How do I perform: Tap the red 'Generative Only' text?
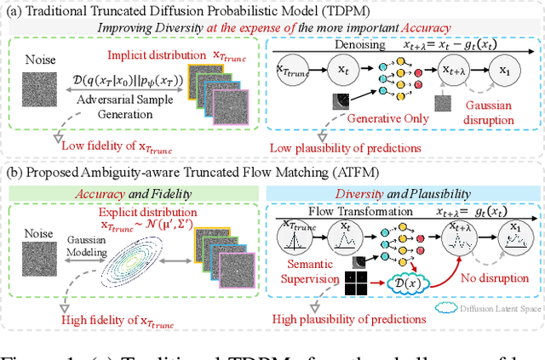coord(394,119)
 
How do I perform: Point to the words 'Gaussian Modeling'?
coord(88,247)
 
